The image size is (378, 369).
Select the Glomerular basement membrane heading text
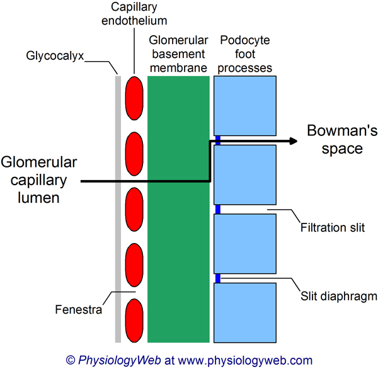tap(178, 54)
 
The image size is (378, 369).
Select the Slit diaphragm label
tap(338, 294)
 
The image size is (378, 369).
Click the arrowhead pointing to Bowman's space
tap(292, 142)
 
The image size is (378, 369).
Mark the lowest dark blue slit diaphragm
tap(217, 278)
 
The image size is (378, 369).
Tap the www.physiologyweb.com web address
tap(246, 360)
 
